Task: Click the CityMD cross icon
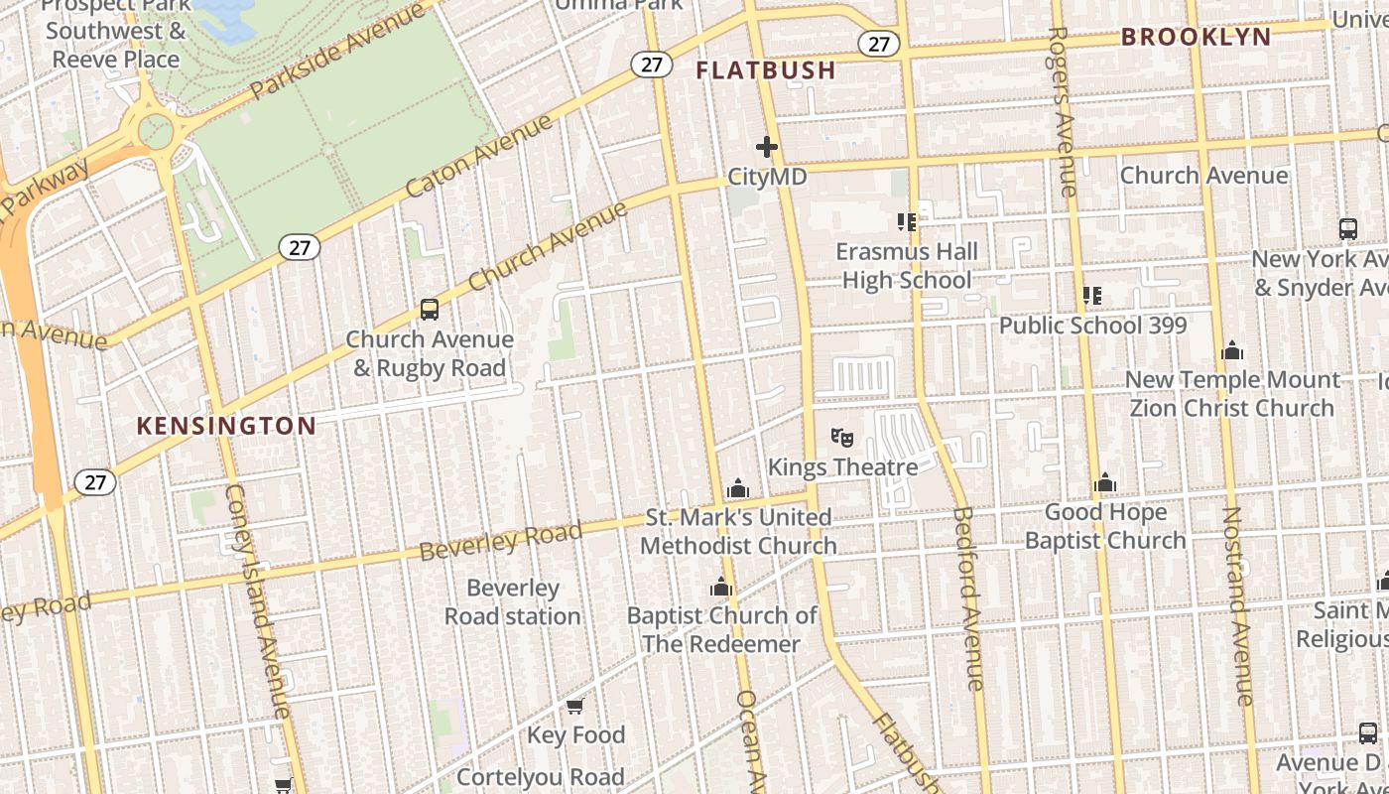point(766,147)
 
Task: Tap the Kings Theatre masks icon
point(841,437)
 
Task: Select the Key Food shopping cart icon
point(574,706)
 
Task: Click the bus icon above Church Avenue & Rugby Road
point(429,309)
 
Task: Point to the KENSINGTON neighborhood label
point(226,427)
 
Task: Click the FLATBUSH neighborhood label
point(765,70)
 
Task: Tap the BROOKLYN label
point(1196,38)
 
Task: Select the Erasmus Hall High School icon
point(906,222)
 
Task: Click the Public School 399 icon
point(1091,295)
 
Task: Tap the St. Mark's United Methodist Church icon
point(737,488)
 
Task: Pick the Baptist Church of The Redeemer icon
point(721,587)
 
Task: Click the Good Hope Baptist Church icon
point(1104,483)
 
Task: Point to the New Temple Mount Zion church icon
point(1232,350)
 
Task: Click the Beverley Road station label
point(512,601)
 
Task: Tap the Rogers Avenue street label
point(1061,110)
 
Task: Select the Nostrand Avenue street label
point(1237,605)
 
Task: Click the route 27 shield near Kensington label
point(95,482)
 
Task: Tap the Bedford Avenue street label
point(967,597)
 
